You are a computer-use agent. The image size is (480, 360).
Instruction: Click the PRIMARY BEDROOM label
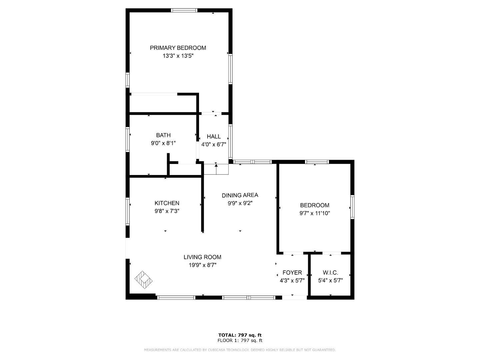click(x=178, y=48)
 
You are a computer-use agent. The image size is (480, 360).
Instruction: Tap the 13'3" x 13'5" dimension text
click(x=178, y=56)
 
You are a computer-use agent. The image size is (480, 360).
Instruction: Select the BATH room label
click(x=163, y=135)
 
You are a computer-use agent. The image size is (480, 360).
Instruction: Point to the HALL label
click(x=214, y=136)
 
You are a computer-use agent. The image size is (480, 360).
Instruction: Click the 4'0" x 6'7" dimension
click(x=214, y=145)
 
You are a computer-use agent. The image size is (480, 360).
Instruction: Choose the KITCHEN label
click(x=167, y=203)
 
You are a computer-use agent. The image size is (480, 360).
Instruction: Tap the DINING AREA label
click(x=240, y=195)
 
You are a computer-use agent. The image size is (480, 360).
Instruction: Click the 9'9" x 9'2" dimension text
click(x=240, y=203)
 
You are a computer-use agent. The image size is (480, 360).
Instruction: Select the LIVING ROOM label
click(x=202, y=257)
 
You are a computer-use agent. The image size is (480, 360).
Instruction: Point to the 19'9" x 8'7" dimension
click(x=202, y=265)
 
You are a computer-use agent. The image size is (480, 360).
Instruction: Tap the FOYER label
click(x=292, y=273)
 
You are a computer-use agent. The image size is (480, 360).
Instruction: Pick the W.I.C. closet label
click(x=330, y=273)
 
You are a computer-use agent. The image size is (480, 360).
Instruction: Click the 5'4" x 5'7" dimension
click(x=330, y=281)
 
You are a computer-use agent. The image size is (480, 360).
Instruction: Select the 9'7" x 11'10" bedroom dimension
click(x=314, y=213)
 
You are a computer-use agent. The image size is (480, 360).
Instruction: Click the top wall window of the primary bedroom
click(x=184, y=10)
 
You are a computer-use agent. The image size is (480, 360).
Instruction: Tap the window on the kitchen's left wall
click(x=127, y=211)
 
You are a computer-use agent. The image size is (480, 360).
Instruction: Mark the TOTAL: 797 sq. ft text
click(x=240, y=335)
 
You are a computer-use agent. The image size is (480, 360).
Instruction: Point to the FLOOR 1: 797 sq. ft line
click(x=240, y=341)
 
